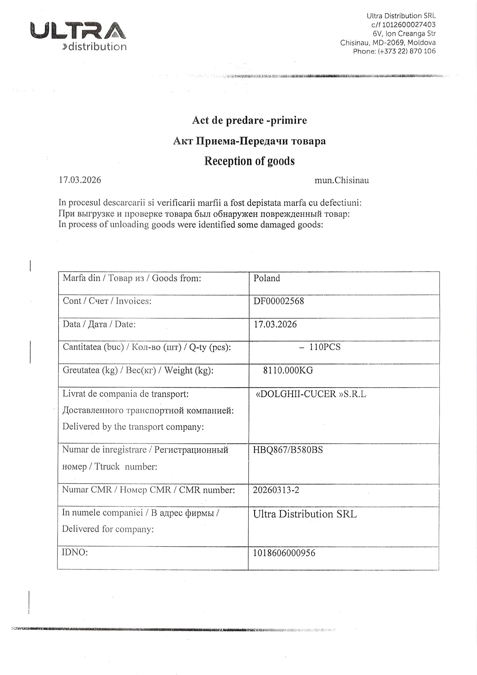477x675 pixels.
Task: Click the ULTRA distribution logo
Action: [x=78, y=36]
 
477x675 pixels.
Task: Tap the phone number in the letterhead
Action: [x=407, y=51]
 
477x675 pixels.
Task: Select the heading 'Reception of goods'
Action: [x=249, y=161]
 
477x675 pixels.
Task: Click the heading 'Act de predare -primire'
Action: [x=249, y=120]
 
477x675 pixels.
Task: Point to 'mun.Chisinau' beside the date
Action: [x=341, y=180]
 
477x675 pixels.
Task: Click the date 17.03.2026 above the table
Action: [x=80, y=180]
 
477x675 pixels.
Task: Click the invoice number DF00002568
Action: [x=279, y=301]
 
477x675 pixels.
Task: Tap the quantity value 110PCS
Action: [x=324, y=347]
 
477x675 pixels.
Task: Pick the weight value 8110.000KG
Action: [x=288, y=370]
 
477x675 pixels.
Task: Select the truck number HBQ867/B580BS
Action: [x=288, y=450]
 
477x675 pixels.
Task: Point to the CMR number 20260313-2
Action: [x=276, y=490]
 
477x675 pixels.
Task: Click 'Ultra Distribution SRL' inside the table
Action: [x=305, y=514]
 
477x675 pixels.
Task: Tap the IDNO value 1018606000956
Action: [x=284, y=553]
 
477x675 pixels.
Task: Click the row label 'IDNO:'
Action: [x=75, y=552]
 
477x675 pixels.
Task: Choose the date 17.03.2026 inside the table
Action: [x=275, y=324]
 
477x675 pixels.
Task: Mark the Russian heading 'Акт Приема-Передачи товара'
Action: [x=249, y=141]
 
